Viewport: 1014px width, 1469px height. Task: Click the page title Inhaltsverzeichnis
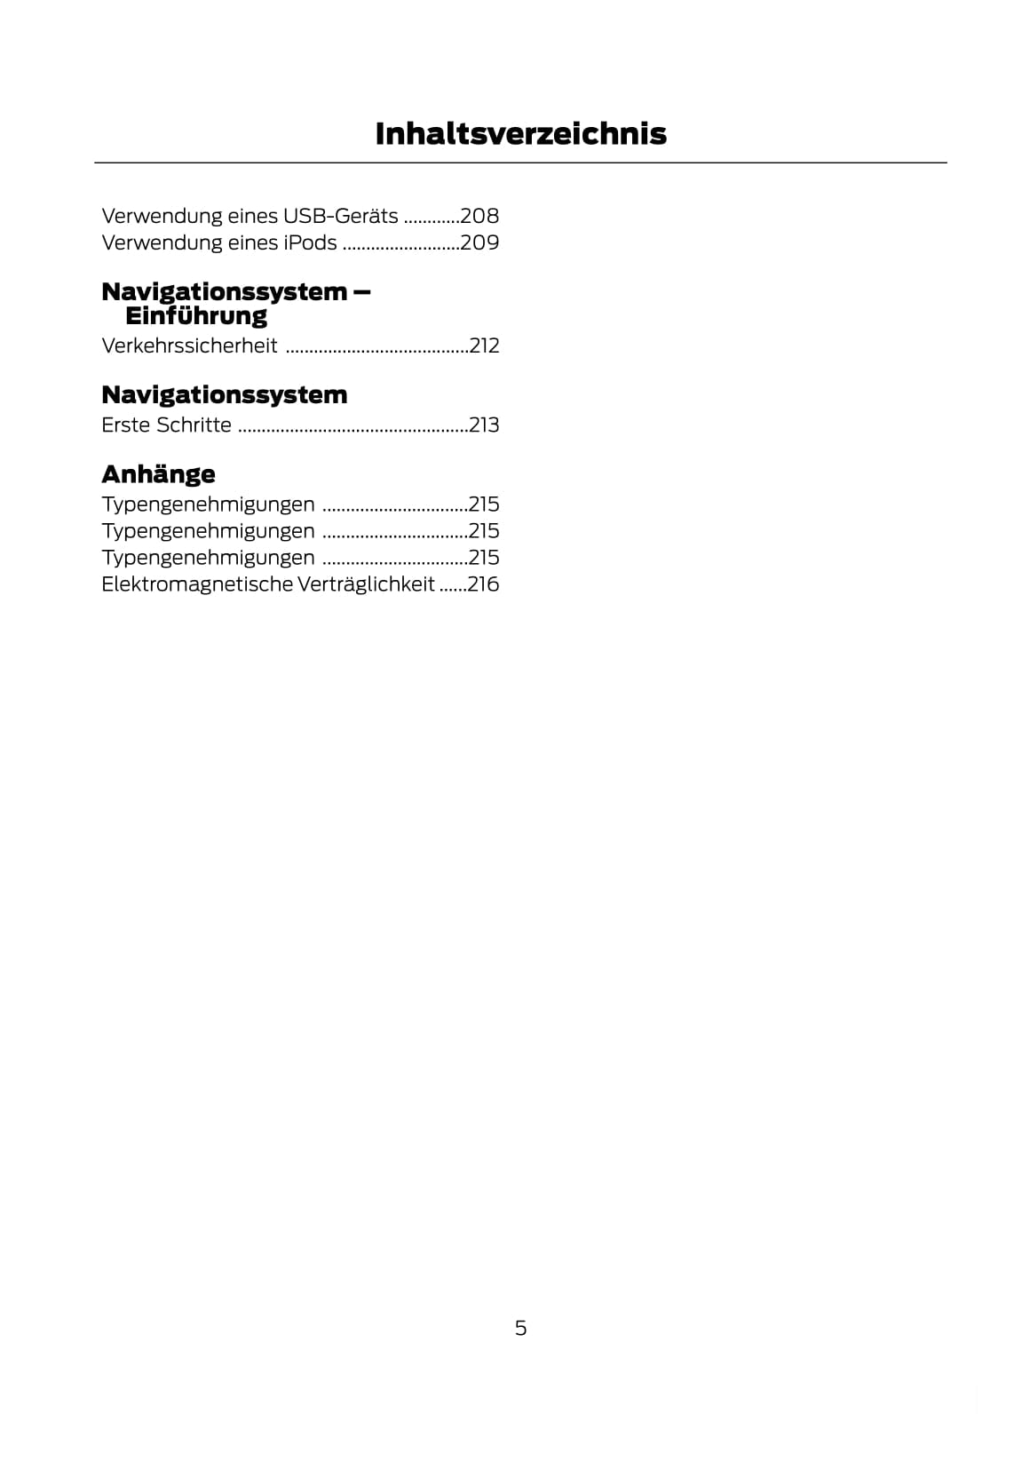[x=520, y=133]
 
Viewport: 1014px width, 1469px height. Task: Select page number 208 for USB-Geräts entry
[x=479, y=216]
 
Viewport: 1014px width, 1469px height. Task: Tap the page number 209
[x=479, y=242]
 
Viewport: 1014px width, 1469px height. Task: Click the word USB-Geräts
[x=340, y=216]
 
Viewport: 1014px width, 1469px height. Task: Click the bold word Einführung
[x=196, y=316]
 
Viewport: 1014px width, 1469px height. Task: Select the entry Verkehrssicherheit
[x=189, y=345]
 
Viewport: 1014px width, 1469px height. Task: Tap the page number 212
[x=484, y=345]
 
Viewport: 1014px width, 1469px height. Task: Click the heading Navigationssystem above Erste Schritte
[x=224, y=394]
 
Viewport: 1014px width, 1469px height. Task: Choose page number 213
[x=484, y=425]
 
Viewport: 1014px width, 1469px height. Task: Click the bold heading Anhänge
[x=158, y=473]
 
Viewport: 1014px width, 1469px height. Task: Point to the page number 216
[x=483, y=584]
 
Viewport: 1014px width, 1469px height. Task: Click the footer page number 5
[x=520, y=1328]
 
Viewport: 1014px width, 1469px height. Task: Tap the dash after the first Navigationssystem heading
[x=360, y=292]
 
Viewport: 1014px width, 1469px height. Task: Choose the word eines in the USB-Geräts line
[x=252, y=216]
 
